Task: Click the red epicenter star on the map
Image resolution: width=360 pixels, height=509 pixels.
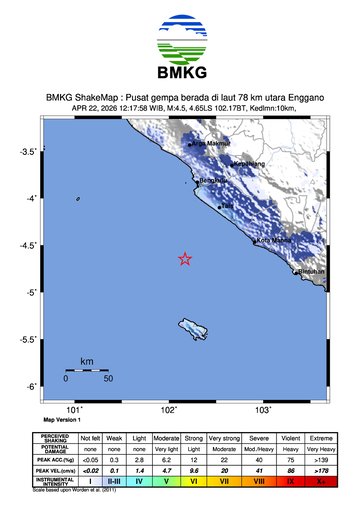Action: point(185,259)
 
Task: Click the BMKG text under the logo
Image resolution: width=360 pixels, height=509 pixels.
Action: point(180,75)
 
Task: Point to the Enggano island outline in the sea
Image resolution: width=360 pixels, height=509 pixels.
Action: point(192,327)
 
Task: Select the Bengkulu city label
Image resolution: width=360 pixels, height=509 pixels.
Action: point(213,180)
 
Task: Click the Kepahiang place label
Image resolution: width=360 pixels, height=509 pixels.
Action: point(249,163)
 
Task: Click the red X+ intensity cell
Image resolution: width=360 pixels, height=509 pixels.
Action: point(320,481)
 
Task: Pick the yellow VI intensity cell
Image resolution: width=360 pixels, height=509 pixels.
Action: point(195,481)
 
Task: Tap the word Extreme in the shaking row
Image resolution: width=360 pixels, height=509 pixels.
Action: point(320,438)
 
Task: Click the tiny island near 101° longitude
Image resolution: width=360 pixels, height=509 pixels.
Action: point(77,198)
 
